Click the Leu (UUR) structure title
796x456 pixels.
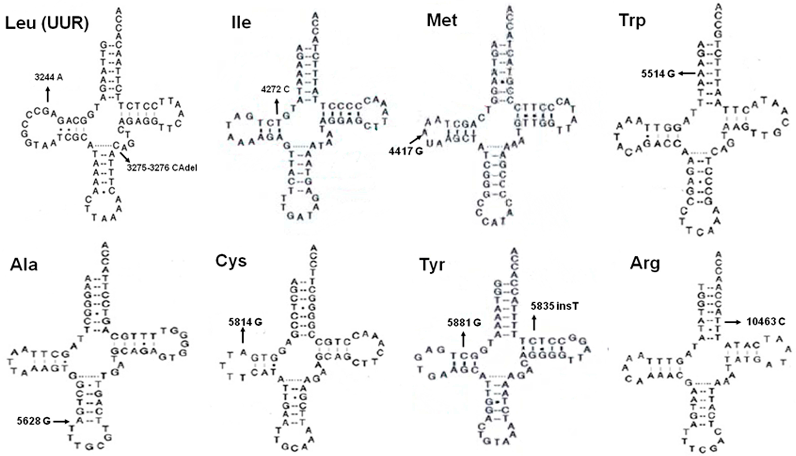(47, 24)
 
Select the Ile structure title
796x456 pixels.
(241, 23)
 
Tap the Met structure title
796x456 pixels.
(442, 21)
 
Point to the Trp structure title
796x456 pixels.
(632, 21)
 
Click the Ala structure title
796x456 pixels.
(24, 265)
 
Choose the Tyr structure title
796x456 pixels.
(432, 265)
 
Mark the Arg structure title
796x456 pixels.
(645, 264)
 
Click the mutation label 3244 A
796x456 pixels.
(48, 77)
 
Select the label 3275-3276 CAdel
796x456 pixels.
(162, 168)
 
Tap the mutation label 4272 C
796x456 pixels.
(275, 90)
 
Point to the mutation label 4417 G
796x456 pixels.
(406, 151)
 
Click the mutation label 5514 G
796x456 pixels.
(658, 74)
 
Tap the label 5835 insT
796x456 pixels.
(555, 306)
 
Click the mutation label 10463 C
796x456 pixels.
(766, 322)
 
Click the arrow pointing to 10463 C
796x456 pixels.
(733, 322)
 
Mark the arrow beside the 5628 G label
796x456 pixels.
(61, 422)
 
